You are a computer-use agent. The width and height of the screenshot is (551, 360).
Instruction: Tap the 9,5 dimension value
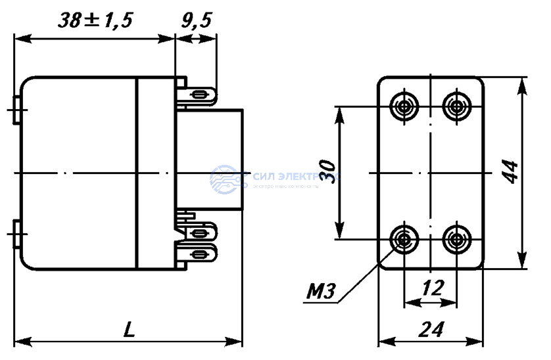coord(195,21)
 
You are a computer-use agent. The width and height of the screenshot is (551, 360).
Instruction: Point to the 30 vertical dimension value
coord(332,172)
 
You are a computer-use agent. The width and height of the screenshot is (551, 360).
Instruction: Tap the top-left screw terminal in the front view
coord(402,105)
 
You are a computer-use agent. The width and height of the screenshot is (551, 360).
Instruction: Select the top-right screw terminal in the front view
coord(455,105)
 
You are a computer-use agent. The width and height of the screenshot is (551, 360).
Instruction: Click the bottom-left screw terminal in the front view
coord(402,239)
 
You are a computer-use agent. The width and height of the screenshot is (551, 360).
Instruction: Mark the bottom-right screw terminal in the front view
coord(455,239)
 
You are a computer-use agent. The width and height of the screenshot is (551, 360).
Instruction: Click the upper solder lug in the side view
coord(200,97)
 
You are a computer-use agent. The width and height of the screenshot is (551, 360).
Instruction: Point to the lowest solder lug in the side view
coord(200,251)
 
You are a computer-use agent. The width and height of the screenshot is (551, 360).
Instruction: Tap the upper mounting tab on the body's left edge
coord(17,108)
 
